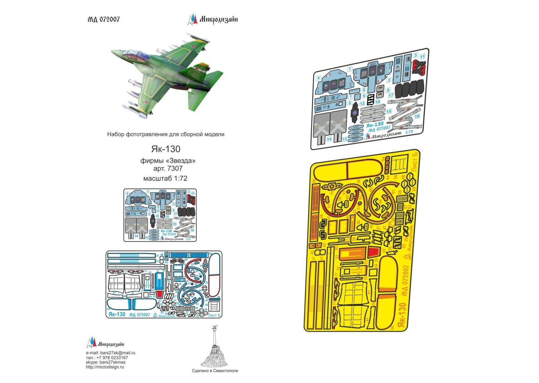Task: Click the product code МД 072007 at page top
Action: tap(103, 20)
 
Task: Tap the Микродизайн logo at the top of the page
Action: tap(213, 19)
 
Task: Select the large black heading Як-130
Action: tap(165, 149)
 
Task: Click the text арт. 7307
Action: tap(168, 168)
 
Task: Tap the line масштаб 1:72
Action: tap(165, 178)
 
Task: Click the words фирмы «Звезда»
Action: tap(168, 160)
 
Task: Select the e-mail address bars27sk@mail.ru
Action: tap(118, 353)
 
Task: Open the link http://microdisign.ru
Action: tap(105, 367)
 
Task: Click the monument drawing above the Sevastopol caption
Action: tap(215, 347)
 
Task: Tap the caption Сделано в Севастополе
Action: tap(215, 371)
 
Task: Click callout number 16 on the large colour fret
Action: tap(417, 116)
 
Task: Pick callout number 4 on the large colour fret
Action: tap(318, 78)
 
